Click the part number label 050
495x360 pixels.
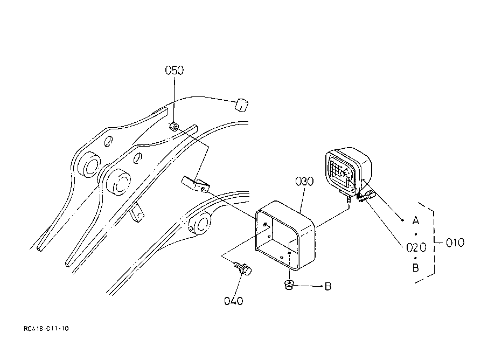click(174, 71)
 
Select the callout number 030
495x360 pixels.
click(304, 181)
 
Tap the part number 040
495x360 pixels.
click(234, 300)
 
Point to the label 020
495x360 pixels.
click(416, 247)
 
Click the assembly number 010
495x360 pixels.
click(455, 243)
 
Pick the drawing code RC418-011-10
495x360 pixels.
click(46, 328)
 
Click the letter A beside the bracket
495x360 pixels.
click(415, 220)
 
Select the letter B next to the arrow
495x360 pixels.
click(327, 286)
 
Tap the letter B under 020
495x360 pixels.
click(415, 268)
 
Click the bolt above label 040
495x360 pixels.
click(243, 267)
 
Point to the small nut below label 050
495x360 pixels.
click(174, 127)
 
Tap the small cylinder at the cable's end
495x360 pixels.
click(242, 103)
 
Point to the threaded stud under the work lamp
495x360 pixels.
click(349, 199)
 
